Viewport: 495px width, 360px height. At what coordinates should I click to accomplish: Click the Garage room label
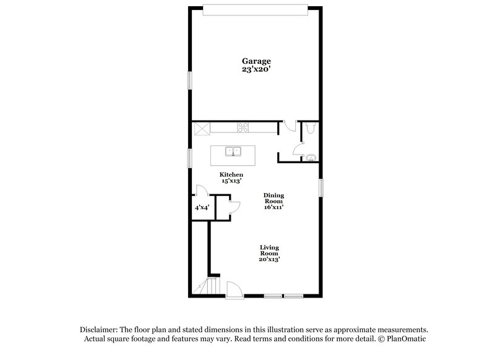[x=256, y=61]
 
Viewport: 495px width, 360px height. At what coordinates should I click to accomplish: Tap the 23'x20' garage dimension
[x=256, y=70]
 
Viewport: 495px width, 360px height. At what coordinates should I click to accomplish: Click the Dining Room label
[x=274, y=199]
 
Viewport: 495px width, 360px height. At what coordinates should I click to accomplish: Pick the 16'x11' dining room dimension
[x=274, y=208]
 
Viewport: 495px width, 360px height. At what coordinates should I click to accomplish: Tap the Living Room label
[x=269, y=251]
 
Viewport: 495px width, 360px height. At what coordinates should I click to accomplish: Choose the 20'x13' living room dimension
[x=269, y=260]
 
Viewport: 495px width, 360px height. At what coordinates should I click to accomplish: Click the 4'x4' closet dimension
[x=202, y=208]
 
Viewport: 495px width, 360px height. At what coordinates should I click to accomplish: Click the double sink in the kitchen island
[x=233, y=151]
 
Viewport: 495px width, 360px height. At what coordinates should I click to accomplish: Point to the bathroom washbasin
[x=309, y=157]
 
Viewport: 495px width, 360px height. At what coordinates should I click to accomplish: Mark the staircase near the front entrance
[x=208, y=286]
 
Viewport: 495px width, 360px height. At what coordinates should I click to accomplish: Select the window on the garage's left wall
[x=190, y=80]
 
